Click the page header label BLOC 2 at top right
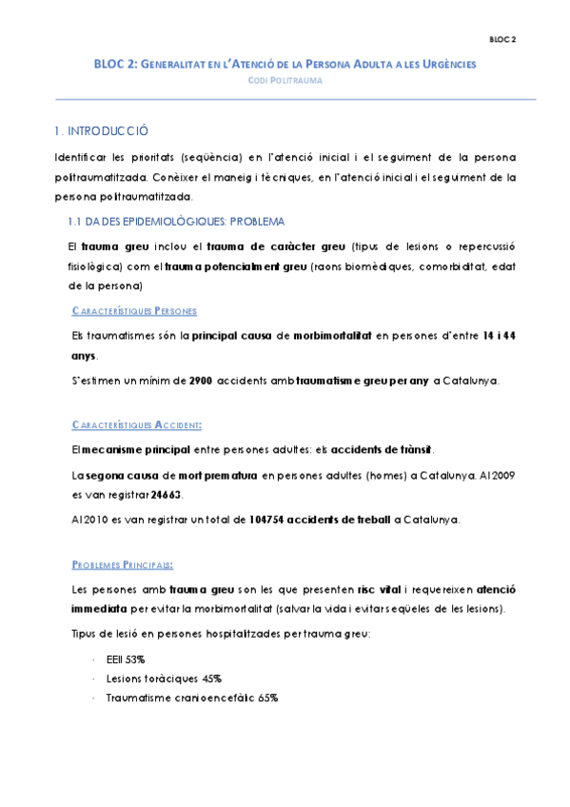[502, 40]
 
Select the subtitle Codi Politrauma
[285, 81]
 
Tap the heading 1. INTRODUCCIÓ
[101, 131]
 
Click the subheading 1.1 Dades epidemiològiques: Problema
[170, 222]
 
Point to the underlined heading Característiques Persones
[134, 311]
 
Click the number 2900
[200, 381]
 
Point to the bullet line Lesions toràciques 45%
[165, 679]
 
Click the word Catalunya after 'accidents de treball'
[432, 520]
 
